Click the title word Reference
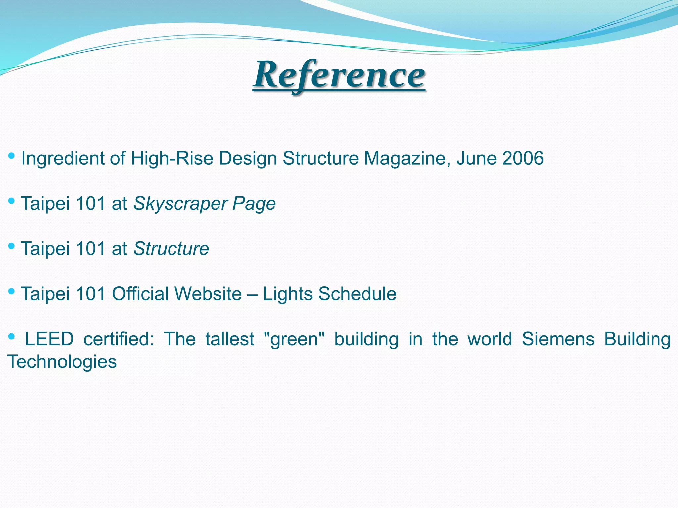coord(339,75)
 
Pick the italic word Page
coord(254,203)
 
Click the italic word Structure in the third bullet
coord(171,248)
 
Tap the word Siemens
coord(558,339)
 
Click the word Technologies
coord(62,361)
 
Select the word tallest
coord(230,339)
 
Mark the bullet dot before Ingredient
coord(11,155)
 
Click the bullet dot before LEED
coord(11,336)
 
